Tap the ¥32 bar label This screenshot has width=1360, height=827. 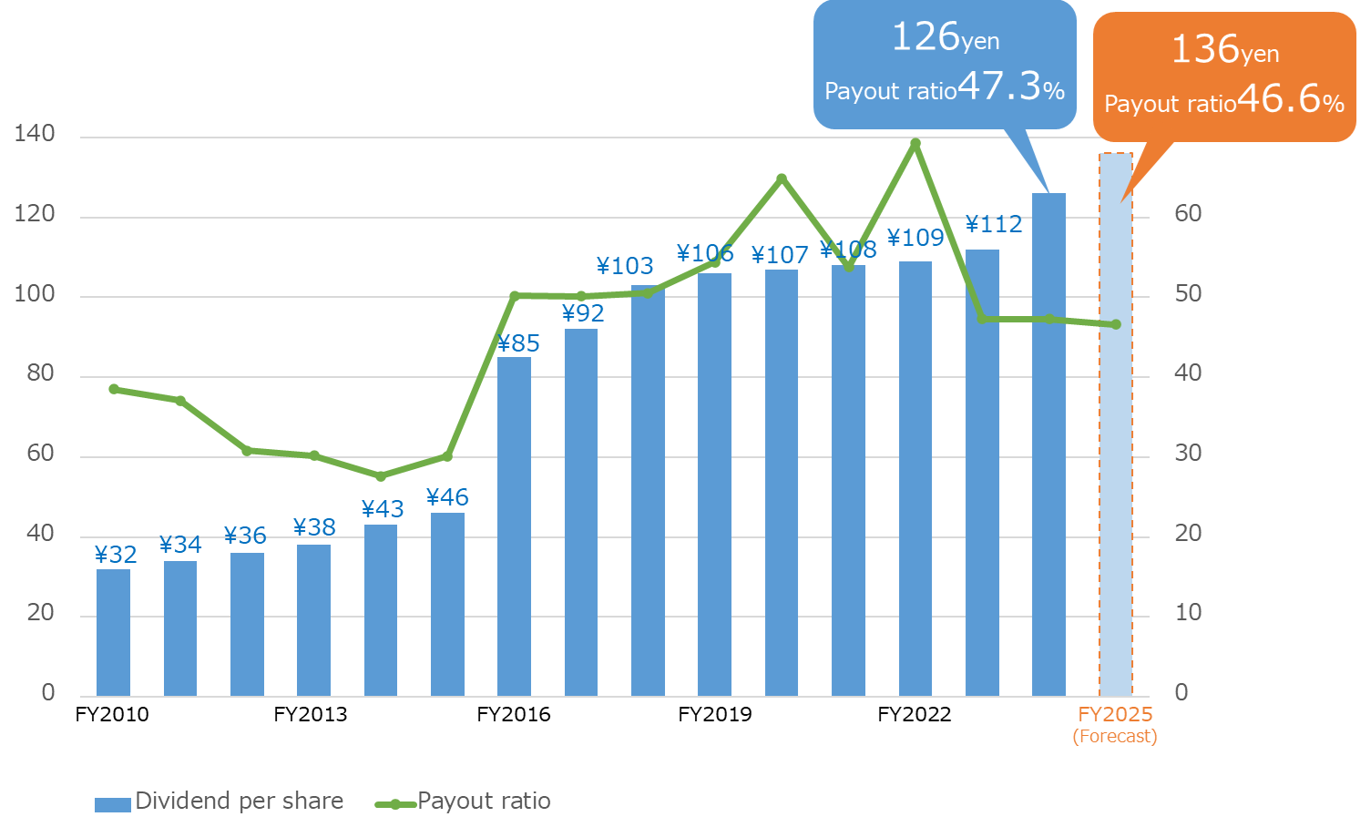[116, 555]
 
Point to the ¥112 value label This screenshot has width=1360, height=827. [994, 224]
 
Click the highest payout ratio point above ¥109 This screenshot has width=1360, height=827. [915, 144]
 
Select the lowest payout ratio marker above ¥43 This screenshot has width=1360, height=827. [381, 476]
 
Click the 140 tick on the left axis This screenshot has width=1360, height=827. [35, 134]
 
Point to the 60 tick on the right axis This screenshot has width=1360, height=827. [1188, 214]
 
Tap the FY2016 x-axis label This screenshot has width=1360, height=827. [514, 714]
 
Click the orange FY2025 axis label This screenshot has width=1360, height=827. [1115, 714]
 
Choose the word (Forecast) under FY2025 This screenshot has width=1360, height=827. [1115, 736]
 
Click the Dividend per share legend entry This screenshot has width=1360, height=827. [220, 801]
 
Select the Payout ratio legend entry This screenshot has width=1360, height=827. [464, 801]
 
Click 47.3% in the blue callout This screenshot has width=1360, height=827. [1011, 87]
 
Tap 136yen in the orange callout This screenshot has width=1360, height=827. [1224, 49]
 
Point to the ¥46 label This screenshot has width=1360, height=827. [447, 497]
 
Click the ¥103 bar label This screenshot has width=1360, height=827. [625, 266]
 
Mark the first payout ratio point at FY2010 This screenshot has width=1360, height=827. [114, 389]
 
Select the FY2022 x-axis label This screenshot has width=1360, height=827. [915, 714]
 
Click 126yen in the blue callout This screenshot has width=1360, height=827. [945, 37]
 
